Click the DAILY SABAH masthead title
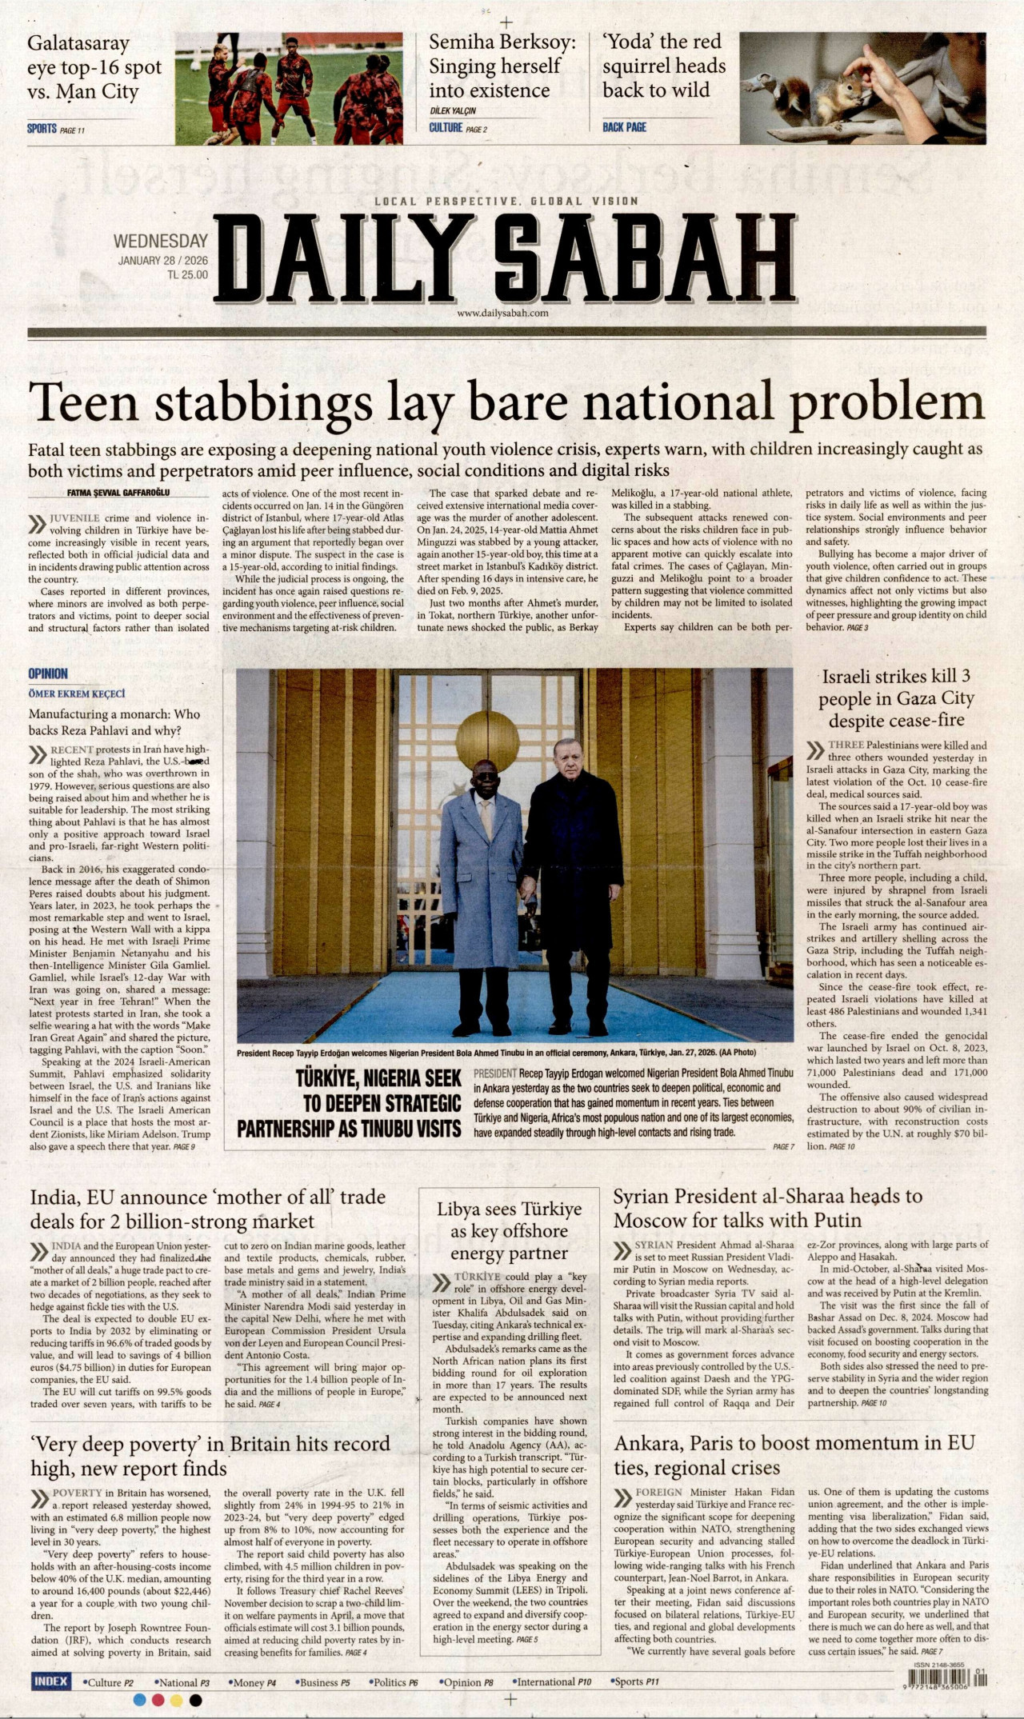coord(504,258)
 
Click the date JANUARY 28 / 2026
coord(162,261)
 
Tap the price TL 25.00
coord(186,274)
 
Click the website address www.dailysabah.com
coord(502,314)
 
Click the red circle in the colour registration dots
coord(158,1700)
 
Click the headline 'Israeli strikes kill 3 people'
coord(896,698)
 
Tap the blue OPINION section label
coord(48,674)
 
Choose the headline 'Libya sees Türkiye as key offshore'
coord(509,1230)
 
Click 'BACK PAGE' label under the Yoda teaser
coord(624,127)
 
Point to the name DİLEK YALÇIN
coord(452,111)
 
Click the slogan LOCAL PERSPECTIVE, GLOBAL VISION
coord(506,202)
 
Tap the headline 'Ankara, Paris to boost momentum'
coord(794,1455)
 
